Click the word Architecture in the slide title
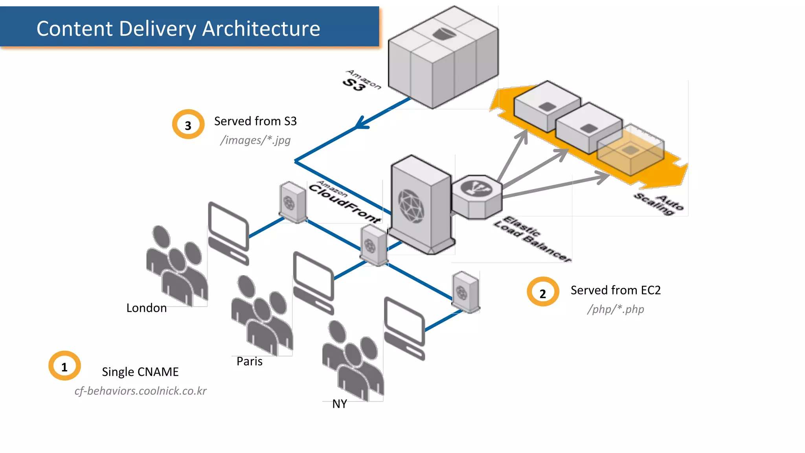click(x=261, y=29)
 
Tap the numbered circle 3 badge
click(x=188, y=125)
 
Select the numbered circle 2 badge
click(x=543, y=293)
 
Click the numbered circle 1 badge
click(x=64, y=366)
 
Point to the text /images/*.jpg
click(x=255, y=140)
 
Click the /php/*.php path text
click(x=615, y=309)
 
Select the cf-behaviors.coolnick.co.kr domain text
click(x=140, y=391)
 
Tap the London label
click(x=146, y=308)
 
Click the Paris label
click(x=249, y=361)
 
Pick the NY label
click(x=339, y=404)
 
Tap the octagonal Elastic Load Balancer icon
click(x=477, y=197)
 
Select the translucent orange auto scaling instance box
click(x=630, y=151)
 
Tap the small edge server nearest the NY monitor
click(x=465, y=292)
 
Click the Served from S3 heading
click(x=255, y=121)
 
